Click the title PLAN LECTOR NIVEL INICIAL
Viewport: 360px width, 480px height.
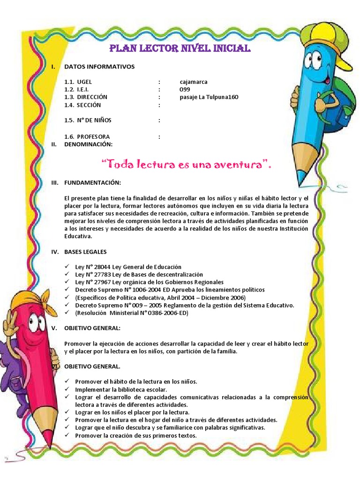point(180,49)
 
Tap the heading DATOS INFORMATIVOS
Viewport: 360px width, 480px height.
point(99,67)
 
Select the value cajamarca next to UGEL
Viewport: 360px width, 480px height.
point(194,82)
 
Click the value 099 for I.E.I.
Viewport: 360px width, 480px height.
point(185,89)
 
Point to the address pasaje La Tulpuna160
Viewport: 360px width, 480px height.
point(209,97)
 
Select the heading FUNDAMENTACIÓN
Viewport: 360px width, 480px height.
point(92,182)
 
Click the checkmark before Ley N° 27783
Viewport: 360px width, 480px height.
point(67,274)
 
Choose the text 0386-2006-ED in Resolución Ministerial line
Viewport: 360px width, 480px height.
point(169,313)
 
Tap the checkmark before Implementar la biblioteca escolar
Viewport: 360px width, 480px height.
point(67,389)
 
